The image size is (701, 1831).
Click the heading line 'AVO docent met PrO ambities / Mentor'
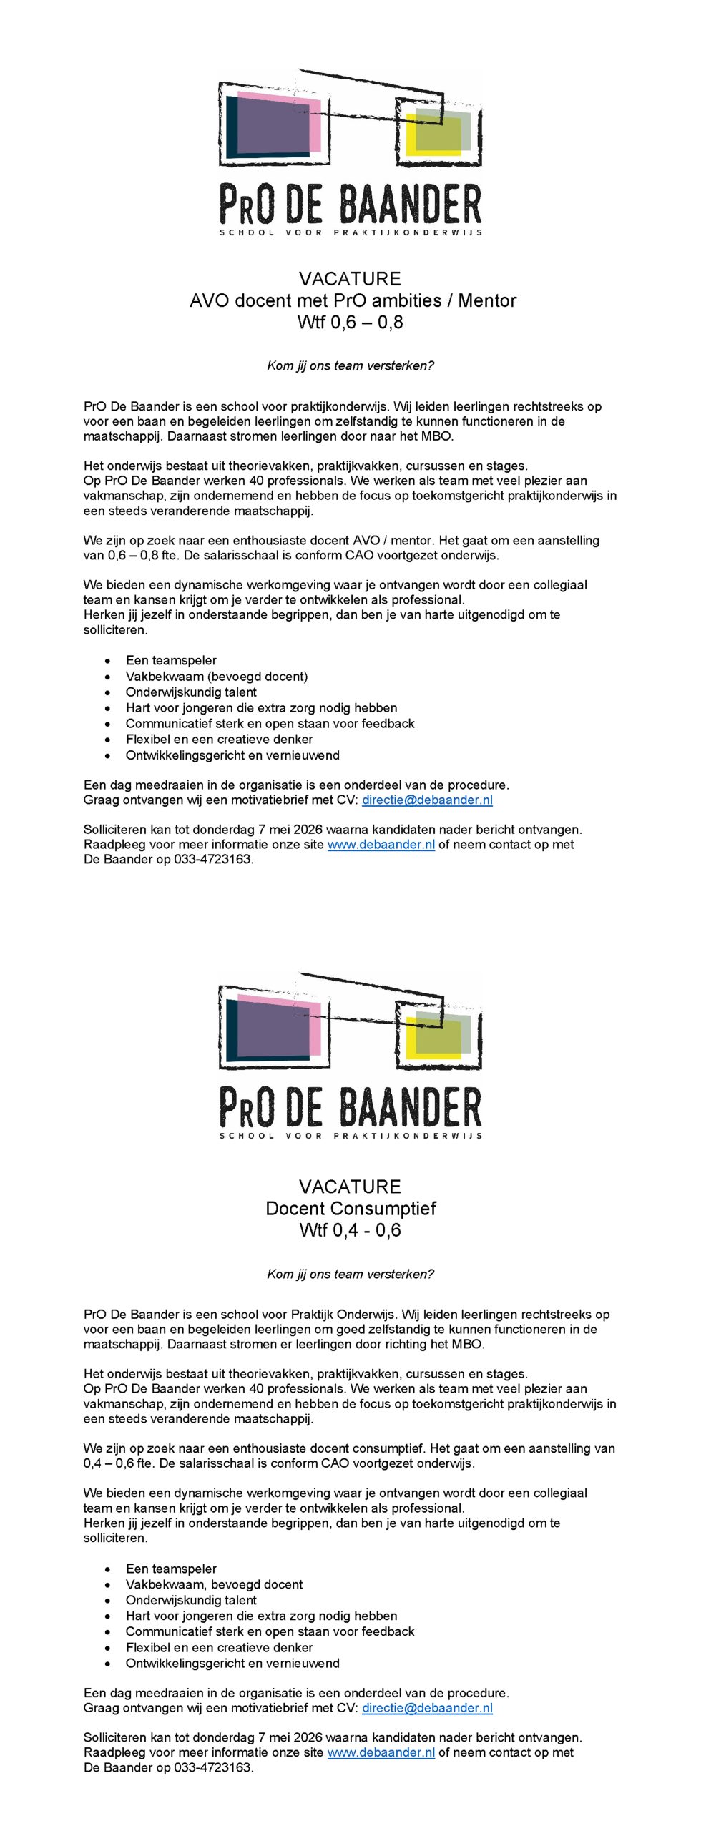click(x=353, y=300)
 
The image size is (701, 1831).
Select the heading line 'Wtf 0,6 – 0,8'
click(x=350, y=322)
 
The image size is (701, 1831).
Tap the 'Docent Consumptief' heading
click(x=350, y=1208)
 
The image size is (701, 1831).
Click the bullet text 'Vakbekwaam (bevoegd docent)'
click(x=217, y=676)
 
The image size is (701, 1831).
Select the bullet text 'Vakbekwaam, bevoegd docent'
click(x=214, y=1584)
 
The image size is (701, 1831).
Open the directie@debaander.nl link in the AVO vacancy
click(x=427, y=800)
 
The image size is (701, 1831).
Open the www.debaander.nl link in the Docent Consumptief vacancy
click(x=381, y=1752)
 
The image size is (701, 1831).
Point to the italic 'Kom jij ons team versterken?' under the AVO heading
click(x=350, y=365)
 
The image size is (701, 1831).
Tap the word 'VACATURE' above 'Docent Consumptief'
click(x=350, y=1187)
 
